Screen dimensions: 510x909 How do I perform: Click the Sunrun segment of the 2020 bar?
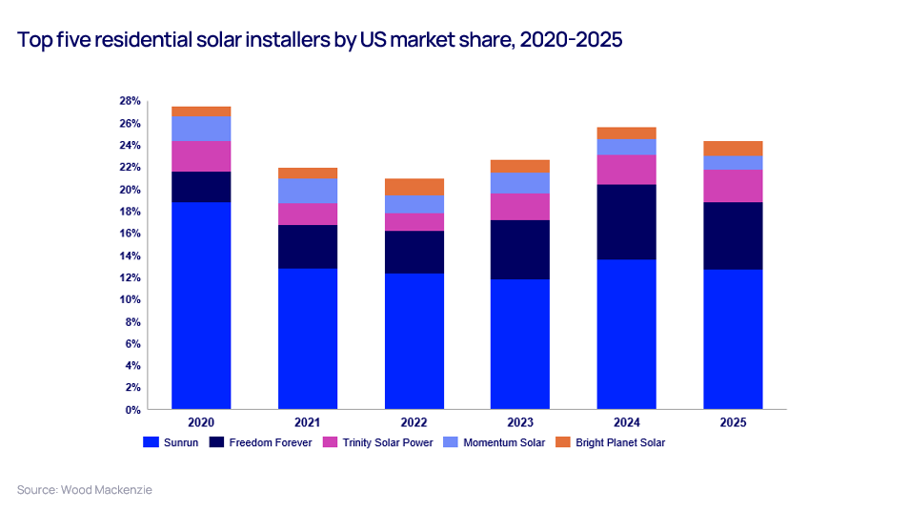coord(201,305)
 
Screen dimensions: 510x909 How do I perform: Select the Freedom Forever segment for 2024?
coord(626,221)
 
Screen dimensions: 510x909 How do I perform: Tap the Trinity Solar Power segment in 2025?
coord(733,186)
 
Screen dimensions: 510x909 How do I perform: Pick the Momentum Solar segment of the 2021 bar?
coord(308,191)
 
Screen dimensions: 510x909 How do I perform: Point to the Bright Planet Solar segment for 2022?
coord(414,187)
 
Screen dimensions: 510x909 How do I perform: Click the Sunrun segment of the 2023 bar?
coord(520,343)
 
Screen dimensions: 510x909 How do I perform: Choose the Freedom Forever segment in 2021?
coord(308,247)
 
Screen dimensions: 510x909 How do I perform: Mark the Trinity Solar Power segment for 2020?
coord(201,156)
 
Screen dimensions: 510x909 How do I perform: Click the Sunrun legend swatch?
coord(150,442)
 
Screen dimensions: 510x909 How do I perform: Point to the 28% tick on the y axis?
coord(130,101)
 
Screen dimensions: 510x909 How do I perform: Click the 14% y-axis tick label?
coord(130,255)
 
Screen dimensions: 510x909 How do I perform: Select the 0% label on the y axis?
coord(132,410)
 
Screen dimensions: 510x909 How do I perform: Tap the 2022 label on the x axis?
coord(414,422)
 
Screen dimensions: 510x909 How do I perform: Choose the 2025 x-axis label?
coord(733,422)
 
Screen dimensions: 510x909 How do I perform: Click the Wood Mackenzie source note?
coord(84,489)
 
